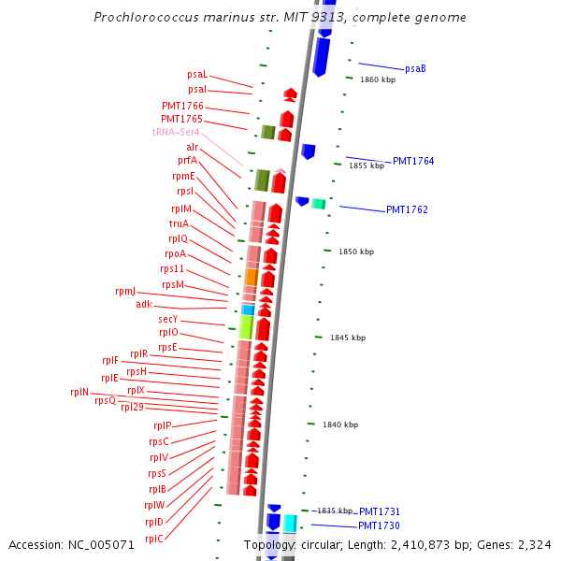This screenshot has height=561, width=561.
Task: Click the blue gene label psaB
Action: pyautogui.click(x=415, y=68)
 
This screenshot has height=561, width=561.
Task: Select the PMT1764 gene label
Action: pyautogui.click(x=413, y=161)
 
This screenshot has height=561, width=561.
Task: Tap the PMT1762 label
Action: pyautogui.click(x=407, y=209)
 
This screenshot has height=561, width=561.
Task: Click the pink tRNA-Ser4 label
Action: pyautogui.click(x=176, y=133)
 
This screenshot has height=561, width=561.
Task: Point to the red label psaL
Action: pyautogui.click(x=197, y=74)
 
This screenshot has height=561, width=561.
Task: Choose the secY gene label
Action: pyautogui.click(x=168, y=319)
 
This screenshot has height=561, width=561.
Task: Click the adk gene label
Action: pyautogui.click(x=144, y=304)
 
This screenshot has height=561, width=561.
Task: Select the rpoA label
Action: pyautogui.click(x=176, y=253)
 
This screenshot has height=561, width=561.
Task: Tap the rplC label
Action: pyautogui.click(x=154, y=538)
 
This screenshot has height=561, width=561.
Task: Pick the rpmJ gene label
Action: pyautogui.click(x=125, y=291)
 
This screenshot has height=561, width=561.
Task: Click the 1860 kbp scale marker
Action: pyautogui.click(x=378, y=79)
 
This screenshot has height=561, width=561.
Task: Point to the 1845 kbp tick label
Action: pyautogui.click(x=348, y=338)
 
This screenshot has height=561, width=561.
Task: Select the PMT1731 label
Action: pyautogui.click(x=380, y=511)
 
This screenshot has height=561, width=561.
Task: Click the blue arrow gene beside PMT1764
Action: pyautogui.click(x=309, y=151)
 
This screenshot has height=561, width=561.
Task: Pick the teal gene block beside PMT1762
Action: pyautogui.click(x=319, y=203)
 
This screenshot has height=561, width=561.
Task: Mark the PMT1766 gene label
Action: pyautogui.click(x=182, y=106)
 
